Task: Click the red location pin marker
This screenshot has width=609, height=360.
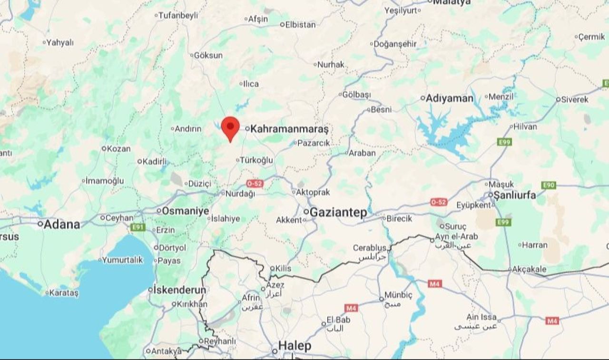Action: pyautogui.click(x=230, y=127)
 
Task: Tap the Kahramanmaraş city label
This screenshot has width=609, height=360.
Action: pyautogui.click(x=289, y=129)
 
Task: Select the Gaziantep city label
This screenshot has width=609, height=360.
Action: pyautogui.click(x=338, y=213)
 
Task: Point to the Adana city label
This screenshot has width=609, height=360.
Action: pyautogui.click(x=62, y=224)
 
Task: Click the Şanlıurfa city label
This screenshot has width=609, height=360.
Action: pyautogui.click(x=514, y=195)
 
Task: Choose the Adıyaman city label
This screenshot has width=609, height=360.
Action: pyautogui.click(x=449, y=98)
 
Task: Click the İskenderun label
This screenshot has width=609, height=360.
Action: pyautogui.click(x=179, y=290)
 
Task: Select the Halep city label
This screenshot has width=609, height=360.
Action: pyautogui.click(x=295, y=346)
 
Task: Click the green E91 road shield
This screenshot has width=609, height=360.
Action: pyautogui.click(x=138, y=227)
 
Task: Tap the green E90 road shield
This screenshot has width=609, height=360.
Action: pyautogui.click(x=549, y=185)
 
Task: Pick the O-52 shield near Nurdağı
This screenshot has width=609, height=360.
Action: pyautogui.click(x=255, y=183)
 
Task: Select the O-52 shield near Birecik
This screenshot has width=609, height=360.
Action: pyautogui.click(x=438, y=202)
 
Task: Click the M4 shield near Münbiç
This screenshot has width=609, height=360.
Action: pyautogui.click(x=434, y=284)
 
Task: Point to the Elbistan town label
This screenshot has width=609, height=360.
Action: pyautogui.click(x=300, y=25)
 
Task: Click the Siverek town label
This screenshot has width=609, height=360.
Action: pyautogui.click(x=575, y=100)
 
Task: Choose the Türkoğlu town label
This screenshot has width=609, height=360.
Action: pyautogui.click(x=257, y=160)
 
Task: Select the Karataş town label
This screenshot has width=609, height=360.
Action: pyautogui.click(x=64, y=293)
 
